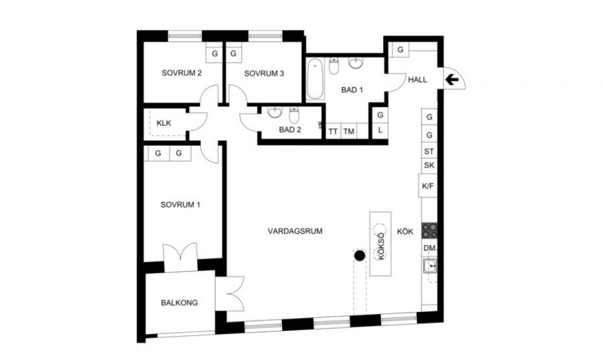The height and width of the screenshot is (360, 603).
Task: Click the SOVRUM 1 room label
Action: [180, 204]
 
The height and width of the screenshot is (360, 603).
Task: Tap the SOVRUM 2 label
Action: [182, 73]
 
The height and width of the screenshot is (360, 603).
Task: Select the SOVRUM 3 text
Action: [264, 73]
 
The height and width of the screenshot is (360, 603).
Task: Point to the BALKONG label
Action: [179, 303]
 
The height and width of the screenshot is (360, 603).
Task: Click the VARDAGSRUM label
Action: [295, 231]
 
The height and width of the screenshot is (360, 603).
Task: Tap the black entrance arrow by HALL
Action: [452, 80]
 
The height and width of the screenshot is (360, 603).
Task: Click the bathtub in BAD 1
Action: [315, 79]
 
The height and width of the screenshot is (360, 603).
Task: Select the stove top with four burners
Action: [429, 231]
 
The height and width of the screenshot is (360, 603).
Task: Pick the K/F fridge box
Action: [428, 186]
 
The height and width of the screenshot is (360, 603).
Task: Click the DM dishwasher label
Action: [429, 248]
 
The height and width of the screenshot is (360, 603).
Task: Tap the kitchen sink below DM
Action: [430, 266]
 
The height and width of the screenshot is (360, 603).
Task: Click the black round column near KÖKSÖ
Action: [360, 256]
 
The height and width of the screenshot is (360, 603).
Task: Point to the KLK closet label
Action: [164, 123]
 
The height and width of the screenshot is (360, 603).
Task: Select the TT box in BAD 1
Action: [333, 131]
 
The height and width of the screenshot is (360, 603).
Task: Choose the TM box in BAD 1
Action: [349, 131]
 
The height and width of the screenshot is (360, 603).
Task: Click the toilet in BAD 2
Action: [294, 115]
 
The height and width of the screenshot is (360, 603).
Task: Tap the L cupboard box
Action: [380, 130]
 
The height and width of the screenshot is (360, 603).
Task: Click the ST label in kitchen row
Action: [429, 152]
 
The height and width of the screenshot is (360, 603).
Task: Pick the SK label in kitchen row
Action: [429, 165]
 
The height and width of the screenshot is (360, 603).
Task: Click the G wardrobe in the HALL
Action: [400, 49]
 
